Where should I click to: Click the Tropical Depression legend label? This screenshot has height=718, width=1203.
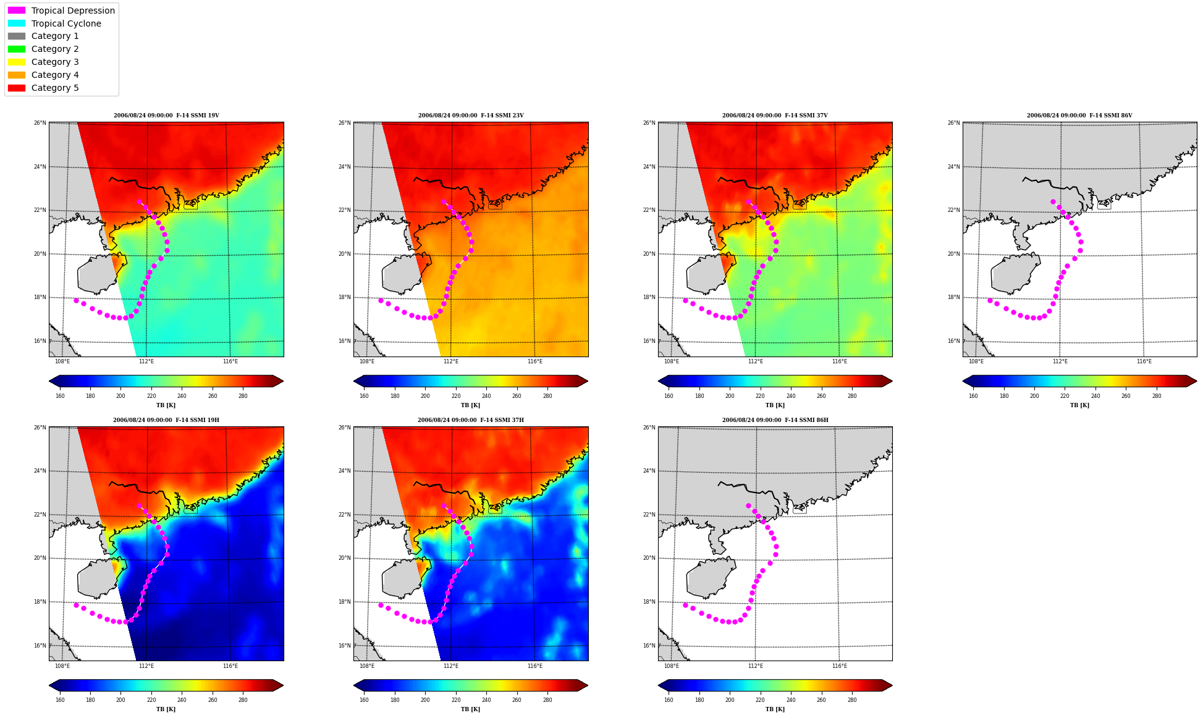tap(73, 11)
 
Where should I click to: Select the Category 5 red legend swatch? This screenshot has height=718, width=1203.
tap(17, 88)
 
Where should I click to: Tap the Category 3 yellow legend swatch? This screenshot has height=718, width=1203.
tap(17, 62)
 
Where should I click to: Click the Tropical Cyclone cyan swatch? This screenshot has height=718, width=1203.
tap(17, 23)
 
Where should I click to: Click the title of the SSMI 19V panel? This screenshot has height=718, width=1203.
tap(166, 116)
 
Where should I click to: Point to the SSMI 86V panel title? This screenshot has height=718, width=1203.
tap(1079, 116)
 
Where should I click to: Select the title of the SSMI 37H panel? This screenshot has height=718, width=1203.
tap(470, 420)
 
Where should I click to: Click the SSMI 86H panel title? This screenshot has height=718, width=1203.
tap(775, 420)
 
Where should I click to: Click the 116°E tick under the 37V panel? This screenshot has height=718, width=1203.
tap(839, 361)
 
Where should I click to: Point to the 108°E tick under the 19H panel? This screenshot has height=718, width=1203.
tap(62, 666)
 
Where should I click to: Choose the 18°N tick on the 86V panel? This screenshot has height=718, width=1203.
tap(953, 297)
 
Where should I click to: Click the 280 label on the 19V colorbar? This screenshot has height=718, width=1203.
tap(243, 396)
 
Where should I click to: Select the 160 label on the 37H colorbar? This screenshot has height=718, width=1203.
tap(364, 700)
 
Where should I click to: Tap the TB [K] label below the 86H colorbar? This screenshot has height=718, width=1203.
tap(775, 709)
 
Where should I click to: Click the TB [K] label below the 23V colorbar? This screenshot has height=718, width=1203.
tap(470, 405)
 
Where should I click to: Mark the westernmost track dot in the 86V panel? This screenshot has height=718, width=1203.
tap(990, 300)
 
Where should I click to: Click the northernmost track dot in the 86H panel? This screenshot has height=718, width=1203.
tap(748, 505)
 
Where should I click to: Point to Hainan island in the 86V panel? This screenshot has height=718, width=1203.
tap(1013, 274)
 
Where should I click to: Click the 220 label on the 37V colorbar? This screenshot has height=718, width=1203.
tap(760, 396)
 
